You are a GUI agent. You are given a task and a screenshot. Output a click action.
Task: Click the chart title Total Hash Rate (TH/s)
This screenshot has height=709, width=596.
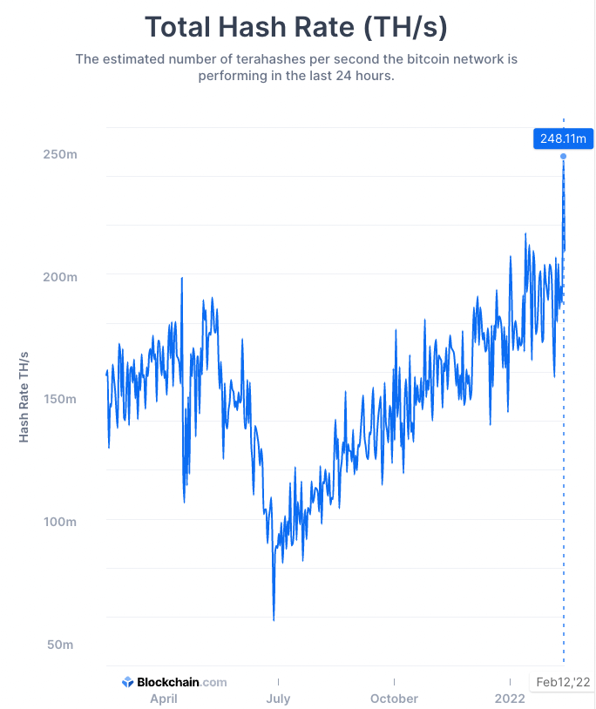tap(296, 27)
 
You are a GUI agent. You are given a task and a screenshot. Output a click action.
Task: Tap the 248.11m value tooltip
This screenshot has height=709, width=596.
tap(563, 138)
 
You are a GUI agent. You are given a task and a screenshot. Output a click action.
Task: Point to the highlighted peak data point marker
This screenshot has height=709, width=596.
tap(563, 157)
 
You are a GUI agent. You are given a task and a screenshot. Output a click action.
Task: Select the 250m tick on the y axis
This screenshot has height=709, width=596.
tap(60, 154)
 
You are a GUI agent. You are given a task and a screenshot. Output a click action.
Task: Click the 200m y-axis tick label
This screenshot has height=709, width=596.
tap(60, 277)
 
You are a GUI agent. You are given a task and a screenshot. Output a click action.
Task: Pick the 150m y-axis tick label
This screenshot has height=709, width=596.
tap(60, 399)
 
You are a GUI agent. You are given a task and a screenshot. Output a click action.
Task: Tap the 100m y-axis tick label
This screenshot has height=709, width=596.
tap(60, 522)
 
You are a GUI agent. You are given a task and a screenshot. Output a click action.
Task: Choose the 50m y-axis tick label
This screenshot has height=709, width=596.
tap(60, 645)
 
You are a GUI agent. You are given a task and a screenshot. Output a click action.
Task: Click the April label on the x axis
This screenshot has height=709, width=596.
tap(164, 699)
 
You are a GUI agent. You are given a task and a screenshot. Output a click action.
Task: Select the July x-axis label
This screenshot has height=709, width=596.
tap(278, 699)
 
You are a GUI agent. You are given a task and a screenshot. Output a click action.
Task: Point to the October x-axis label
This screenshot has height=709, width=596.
tap(394, 699)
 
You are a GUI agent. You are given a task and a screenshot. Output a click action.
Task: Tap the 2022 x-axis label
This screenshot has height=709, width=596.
tap(510, 699)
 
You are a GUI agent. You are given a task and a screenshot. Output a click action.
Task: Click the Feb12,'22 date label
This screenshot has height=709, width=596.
tap(562, 682)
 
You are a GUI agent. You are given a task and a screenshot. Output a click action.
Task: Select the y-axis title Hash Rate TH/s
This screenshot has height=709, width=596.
tap(24, 397)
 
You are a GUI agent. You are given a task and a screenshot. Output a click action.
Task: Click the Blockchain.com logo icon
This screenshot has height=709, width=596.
tap(127, 682)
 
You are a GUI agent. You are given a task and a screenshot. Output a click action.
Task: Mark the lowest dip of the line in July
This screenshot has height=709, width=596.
tap(274, 620)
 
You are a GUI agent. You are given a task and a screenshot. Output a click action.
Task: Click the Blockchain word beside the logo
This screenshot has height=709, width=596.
tap(168, 682)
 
